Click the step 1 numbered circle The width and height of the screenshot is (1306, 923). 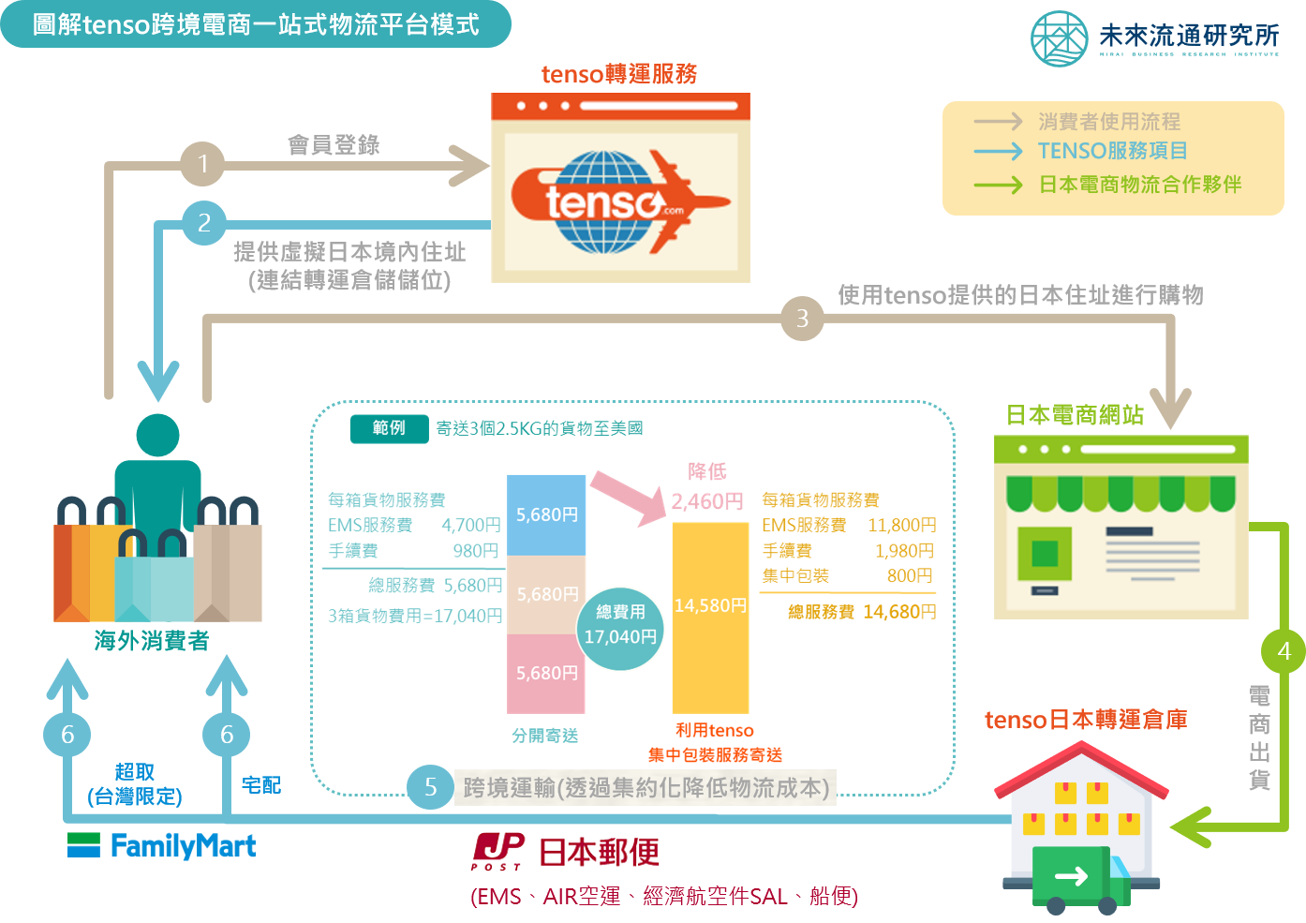pyautogui.click(x=202, y=164)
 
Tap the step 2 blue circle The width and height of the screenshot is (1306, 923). pyautogui.click(x=204, y=223)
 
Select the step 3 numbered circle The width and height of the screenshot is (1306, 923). pyautogui.click(x=802, y=319)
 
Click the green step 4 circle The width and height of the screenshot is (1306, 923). pyautogui.click(x=1284, y=650)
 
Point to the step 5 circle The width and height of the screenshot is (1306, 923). pyautogui.click(x=430, y=787)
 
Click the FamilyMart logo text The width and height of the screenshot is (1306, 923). pyautogui.click(x=183, y=846)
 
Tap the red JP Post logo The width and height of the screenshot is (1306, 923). pyautogui.click(x=497, y=851)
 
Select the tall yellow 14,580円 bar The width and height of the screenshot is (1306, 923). pyautogui.click(x=710, y=618)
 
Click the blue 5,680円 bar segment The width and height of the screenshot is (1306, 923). pyautogui.click(x=546, y=514)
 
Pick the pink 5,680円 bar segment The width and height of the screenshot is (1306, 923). pyautogui.click(x=546, y=674)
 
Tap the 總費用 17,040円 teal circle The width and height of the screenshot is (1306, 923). pyautogui.click(x=620, y=629)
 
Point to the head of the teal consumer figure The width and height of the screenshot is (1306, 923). pyautogui.click(x=157, y=435)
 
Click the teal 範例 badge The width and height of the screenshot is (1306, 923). pyautogui.click(x=389, y=428)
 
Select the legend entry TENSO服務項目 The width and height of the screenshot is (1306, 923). pyautogui.click(x=1112, y=151)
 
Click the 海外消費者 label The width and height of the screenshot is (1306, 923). pyautogui.click(x=152, y=641)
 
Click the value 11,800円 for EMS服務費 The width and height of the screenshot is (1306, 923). pyautogui.click(x=902, y=526)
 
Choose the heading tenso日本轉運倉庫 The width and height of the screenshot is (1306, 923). pyautogui.click(x=1086, y=720)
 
